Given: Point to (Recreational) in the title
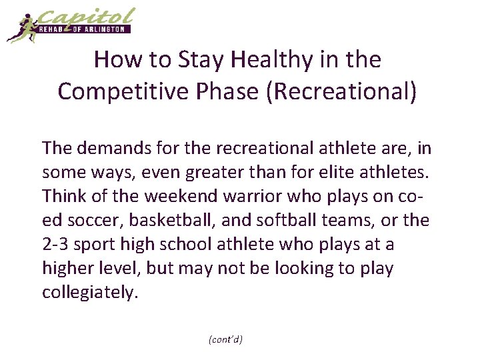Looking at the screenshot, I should click(x=342, y=91).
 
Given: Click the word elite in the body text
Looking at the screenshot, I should click(x=361, y=171).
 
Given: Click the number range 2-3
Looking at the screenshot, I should click(x=55, y=245).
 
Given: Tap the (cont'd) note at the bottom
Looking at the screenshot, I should click(x=225, y=339).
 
